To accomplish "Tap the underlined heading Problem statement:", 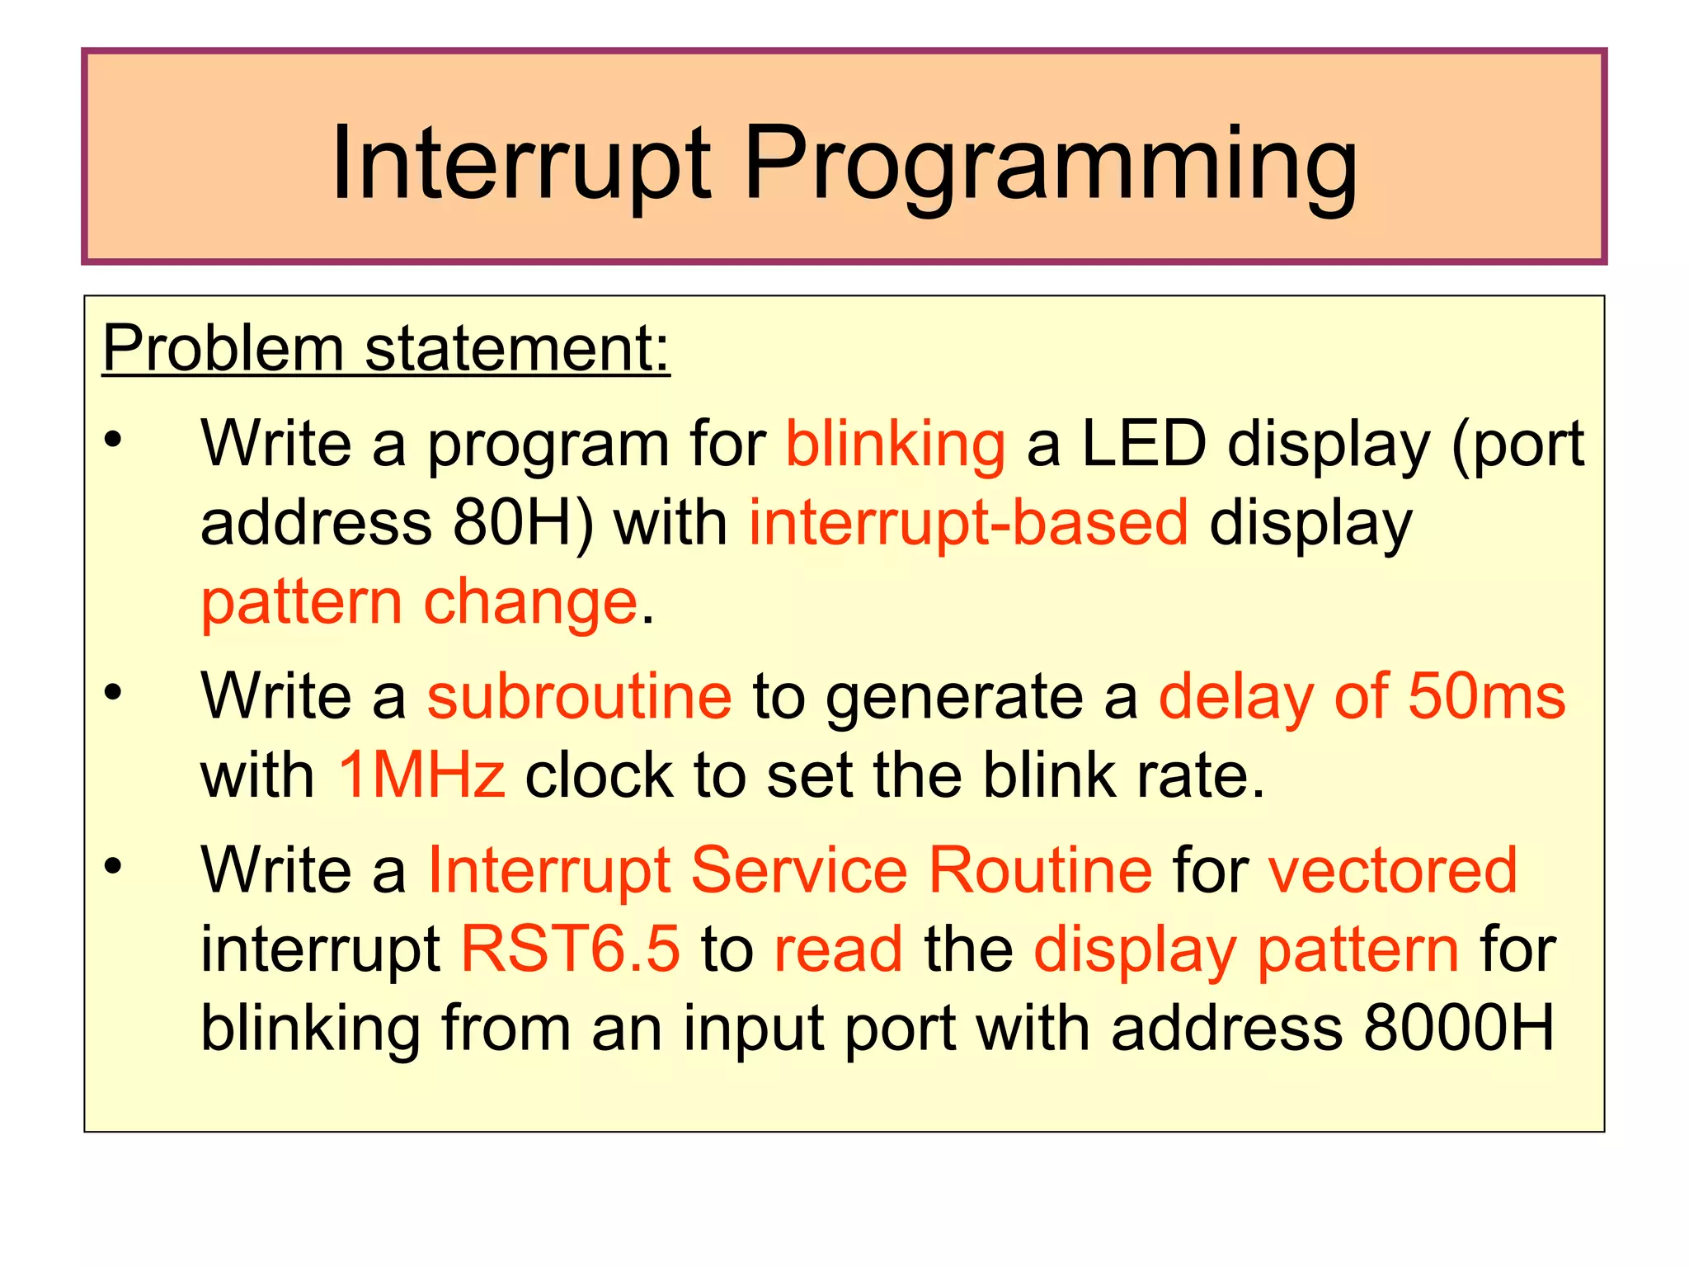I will (385, 348).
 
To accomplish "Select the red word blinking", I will (895, 445).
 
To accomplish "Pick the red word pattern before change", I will (301, 602).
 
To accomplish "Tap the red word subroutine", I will (579, 696).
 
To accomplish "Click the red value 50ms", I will (1485, 696).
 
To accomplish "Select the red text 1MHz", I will (421, 775).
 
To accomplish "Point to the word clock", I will (599, 775).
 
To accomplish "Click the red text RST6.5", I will (570, 949).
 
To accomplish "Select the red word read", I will (838, 949).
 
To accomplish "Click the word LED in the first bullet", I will (1143, 445).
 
